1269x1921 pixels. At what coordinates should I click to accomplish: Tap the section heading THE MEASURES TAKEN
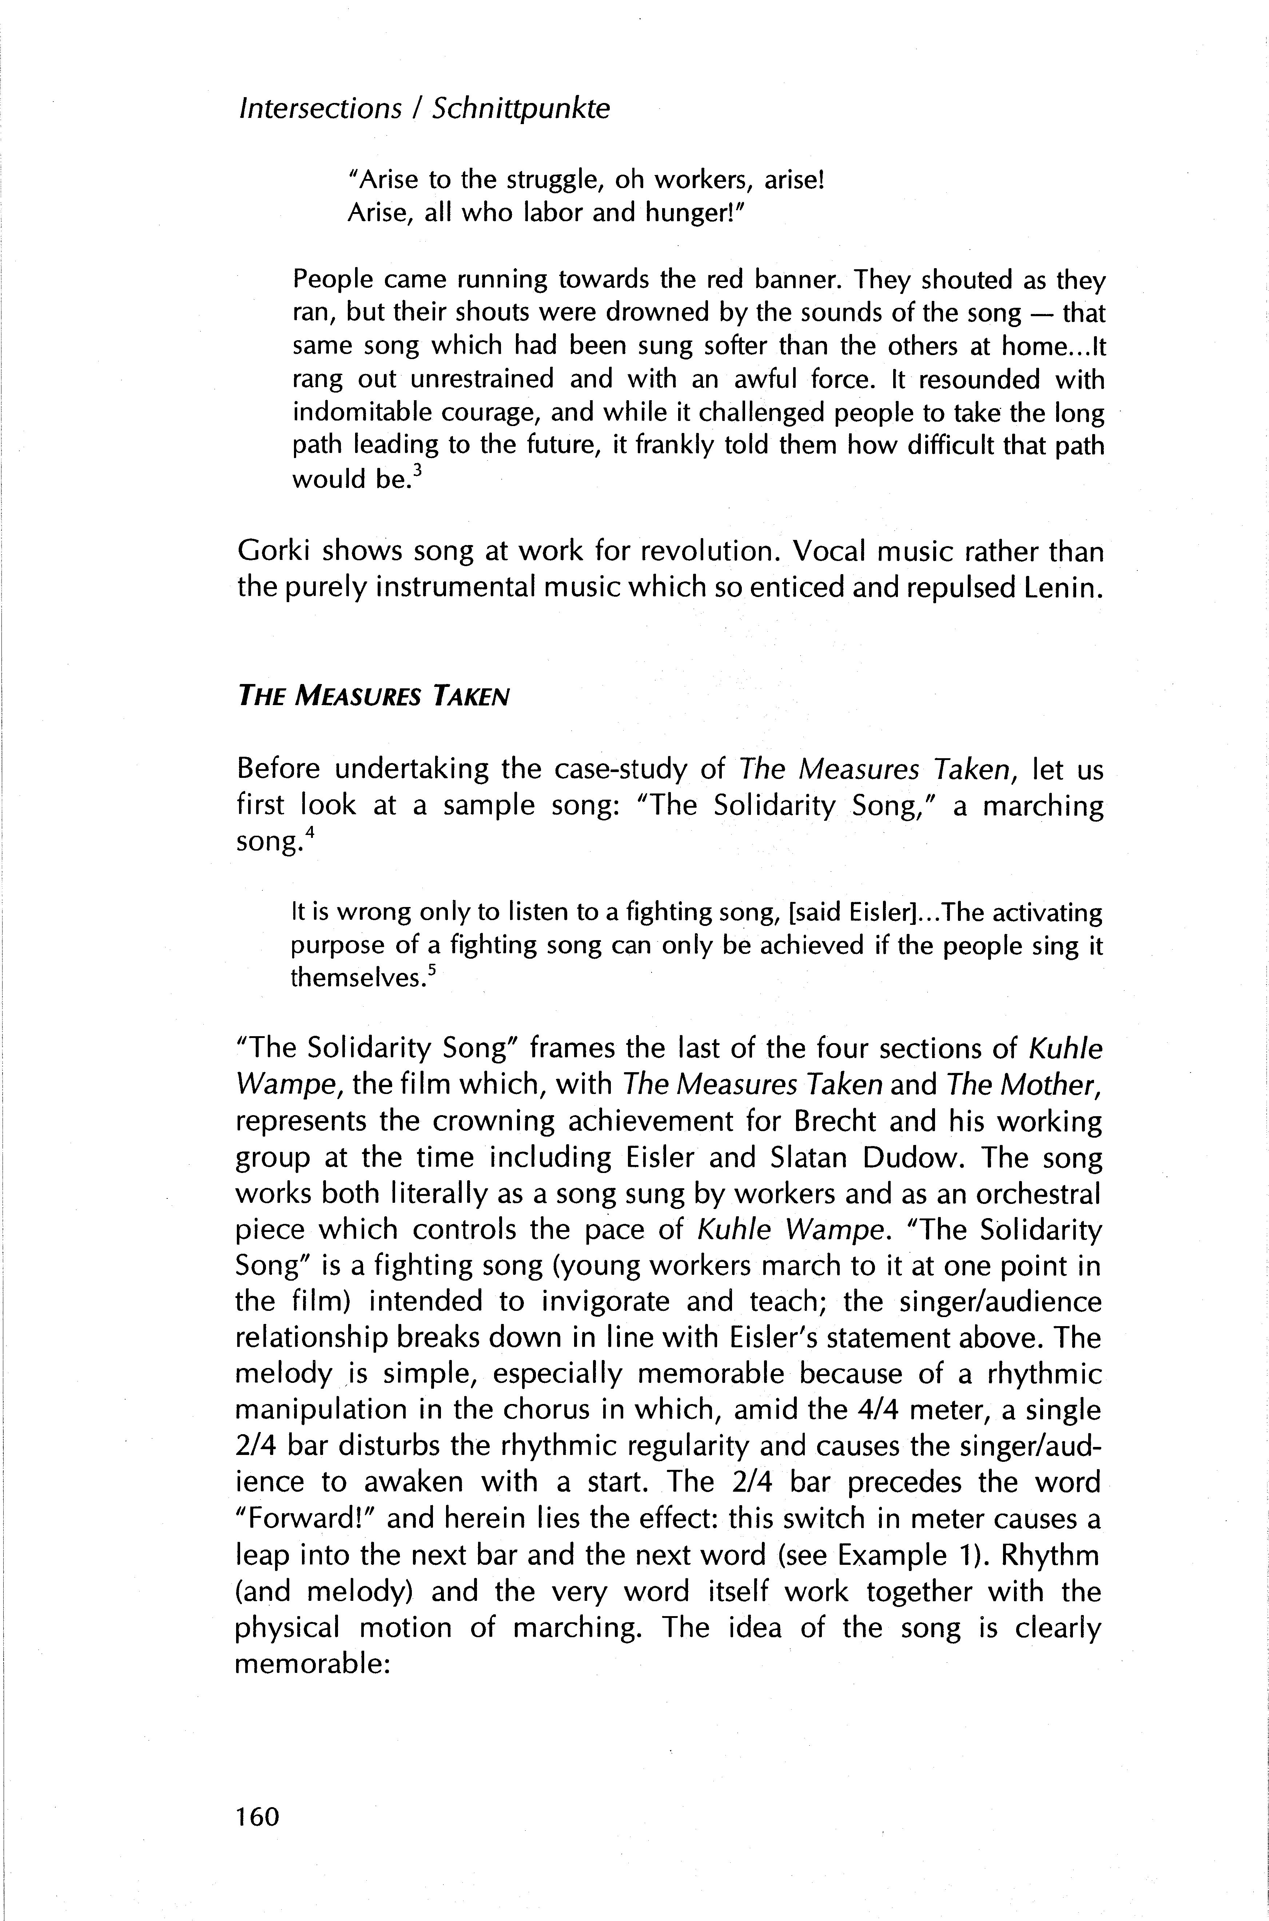373,696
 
